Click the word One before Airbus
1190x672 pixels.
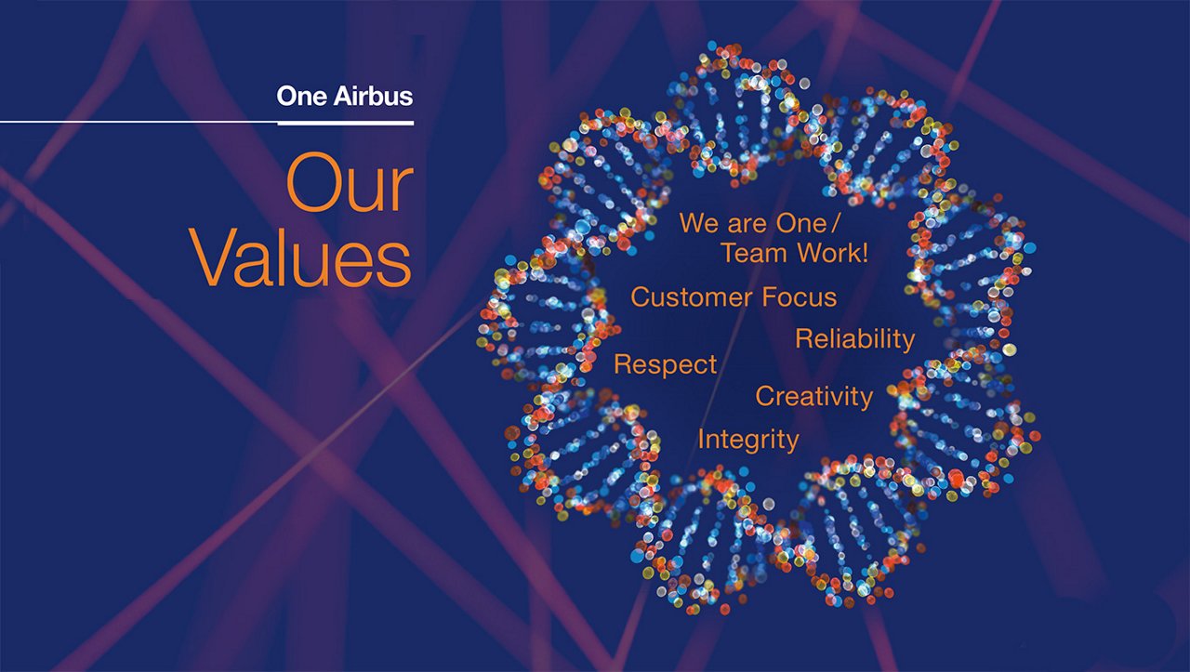pos(300,96)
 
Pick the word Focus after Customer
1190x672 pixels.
pos(800,297)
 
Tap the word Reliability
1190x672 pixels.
pos(854,339)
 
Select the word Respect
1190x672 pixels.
pos(666,365)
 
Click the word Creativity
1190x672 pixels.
pos(813,397)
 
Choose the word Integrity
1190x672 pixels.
pos(748,440)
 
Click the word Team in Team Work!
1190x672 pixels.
pos(754,253)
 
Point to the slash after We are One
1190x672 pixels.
pos(834,223)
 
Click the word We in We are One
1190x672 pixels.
pos(697,223)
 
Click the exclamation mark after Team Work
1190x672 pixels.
pos(865,253)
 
